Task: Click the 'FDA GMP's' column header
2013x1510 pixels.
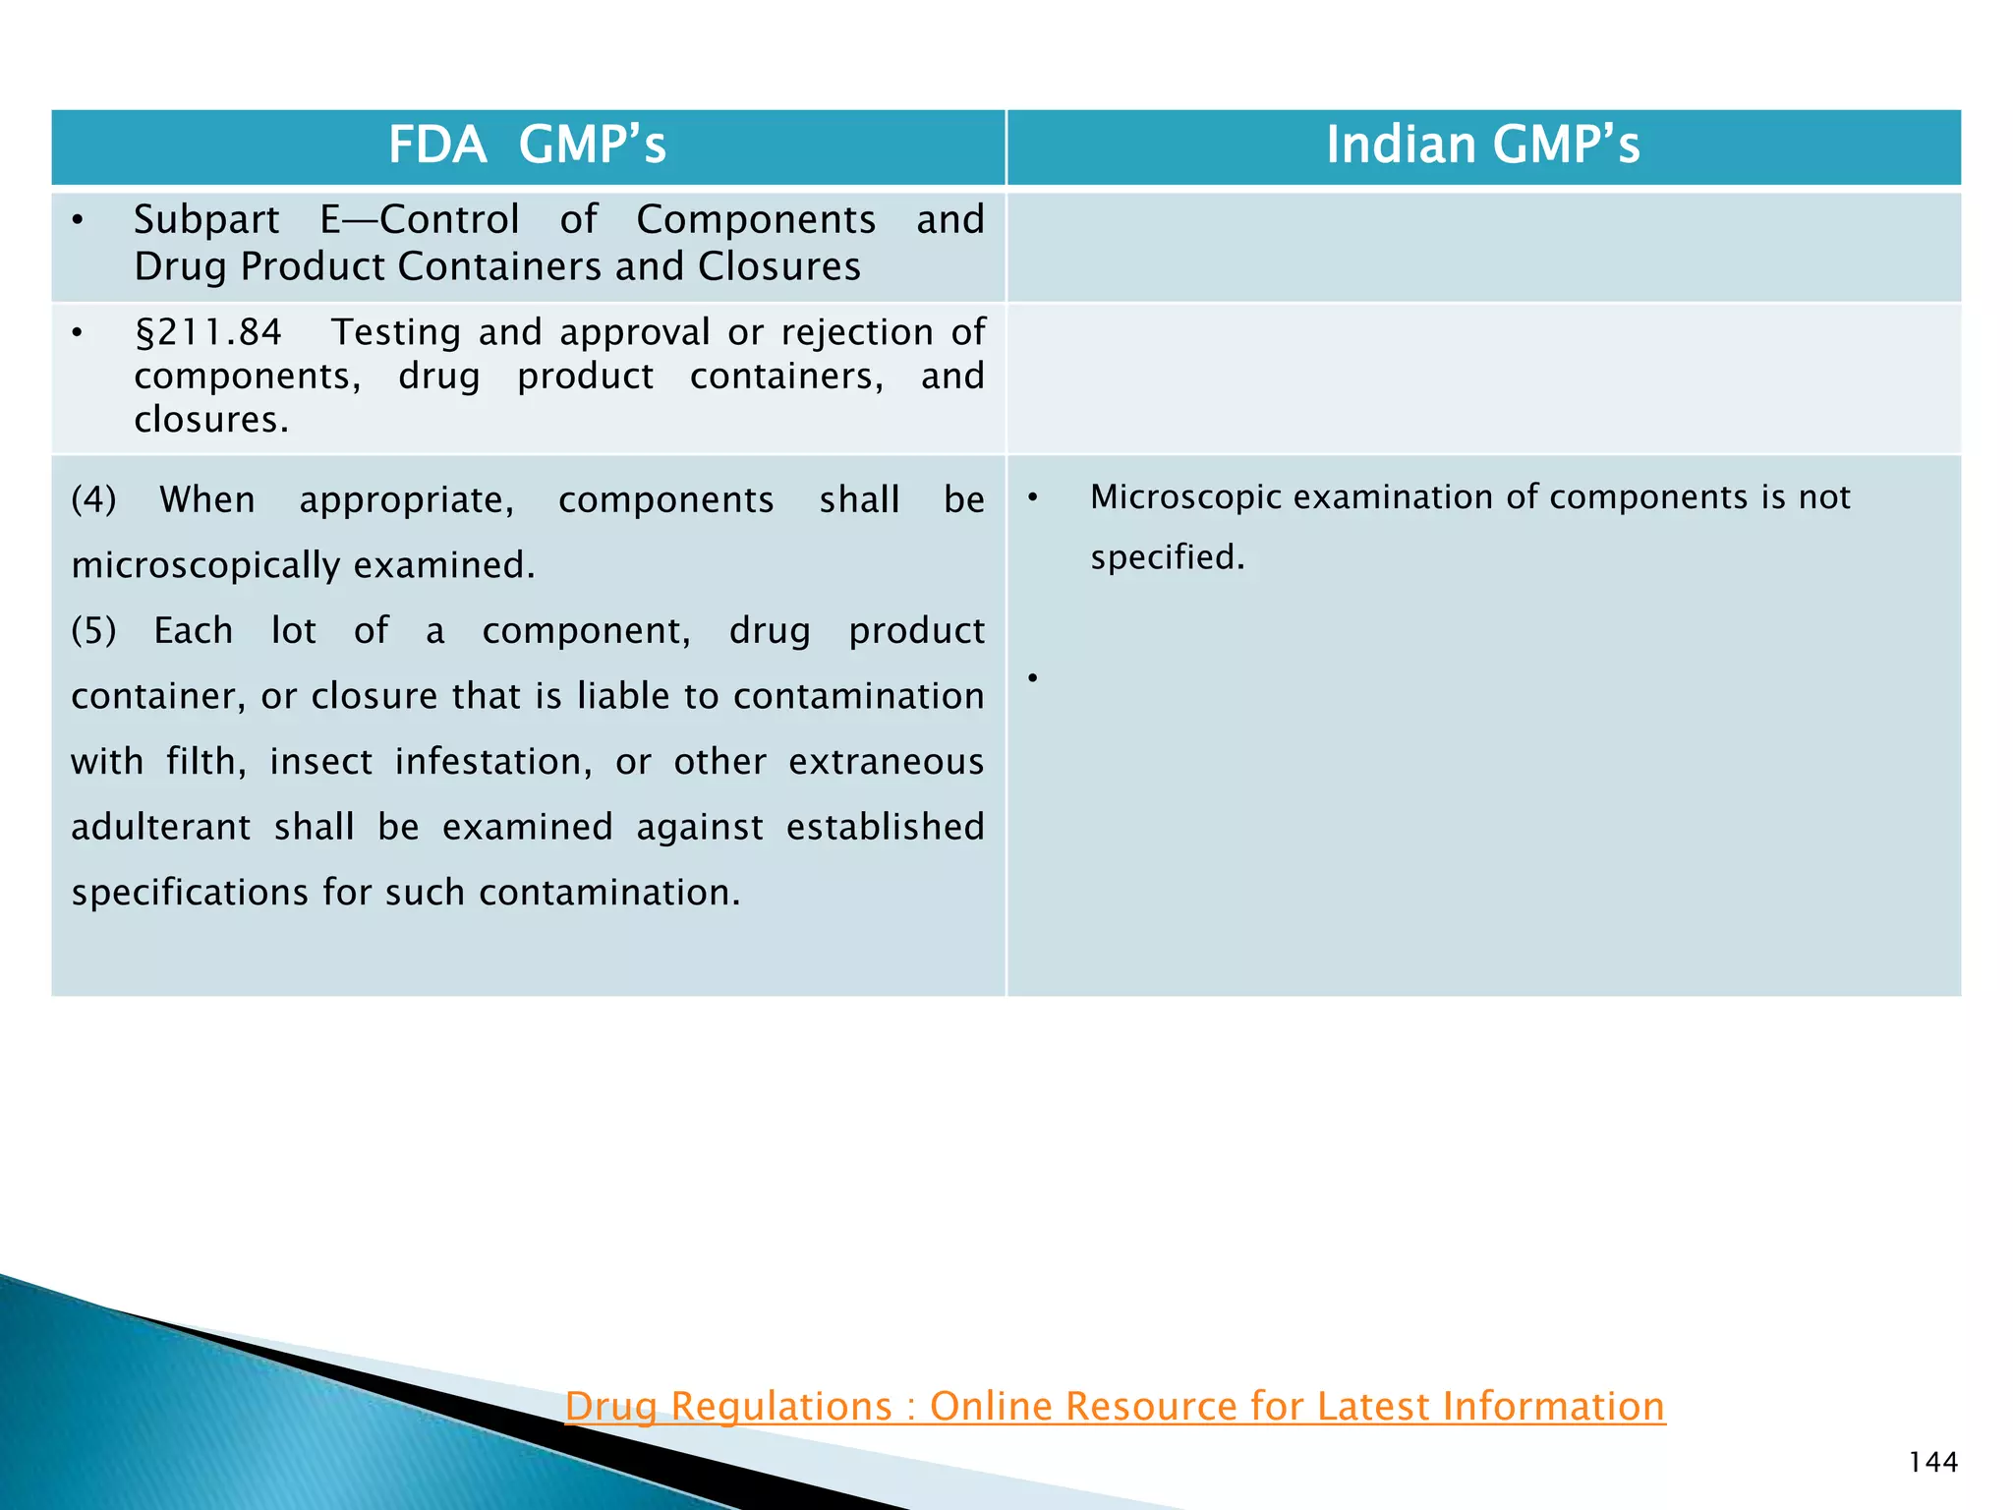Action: point(527,145)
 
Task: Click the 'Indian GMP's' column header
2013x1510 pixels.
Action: point(1482,145)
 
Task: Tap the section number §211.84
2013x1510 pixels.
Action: point(208,332)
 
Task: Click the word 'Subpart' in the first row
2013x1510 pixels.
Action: point(206,220)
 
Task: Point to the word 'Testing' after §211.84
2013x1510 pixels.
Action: point(395,332)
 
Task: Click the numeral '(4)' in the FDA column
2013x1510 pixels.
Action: point(93,499)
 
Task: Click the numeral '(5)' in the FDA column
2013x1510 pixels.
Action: point(93,630)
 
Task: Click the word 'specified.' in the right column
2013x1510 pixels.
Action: point(1167,557)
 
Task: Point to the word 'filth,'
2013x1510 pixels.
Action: point(205,762)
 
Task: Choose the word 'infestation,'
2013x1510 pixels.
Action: point(493,762)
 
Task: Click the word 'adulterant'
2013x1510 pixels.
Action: point(160,827)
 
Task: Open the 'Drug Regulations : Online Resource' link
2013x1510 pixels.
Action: point(1115,1406)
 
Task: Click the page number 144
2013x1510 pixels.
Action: point(1932,1463)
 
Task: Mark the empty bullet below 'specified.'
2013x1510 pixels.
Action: point(1032,678)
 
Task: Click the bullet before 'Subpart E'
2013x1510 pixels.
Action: point(77,220)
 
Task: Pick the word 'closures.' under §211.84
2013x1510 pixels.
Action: point(211,420)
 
